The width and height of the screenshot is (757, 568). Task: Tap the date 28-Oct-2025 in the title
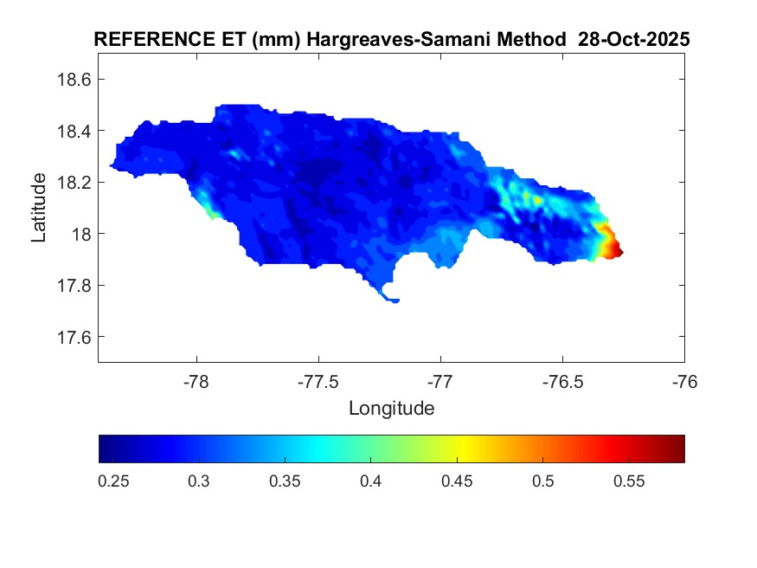(x=639, y=41)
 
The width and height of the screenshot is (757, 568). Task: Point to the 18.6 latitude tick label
(x=74, y=80)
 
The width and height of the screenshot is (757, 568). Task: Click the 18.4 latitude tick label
(x=74, y=131)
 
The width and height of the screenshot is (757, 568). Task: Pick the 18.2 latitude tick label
(x=74, y=183)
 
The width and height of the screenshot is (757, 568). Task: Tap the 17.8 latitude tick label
(x=74, y=286)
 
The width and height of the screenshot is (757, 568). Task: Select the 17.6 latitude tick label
(x=74, y=337)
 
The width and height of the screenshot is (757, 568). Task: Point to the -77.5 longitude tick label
(x=318, y=381)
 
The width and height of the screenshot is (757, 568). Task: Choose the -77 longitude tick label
(x=440, y=381)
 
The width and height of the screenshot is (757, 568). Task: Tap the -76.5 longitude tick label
(x=562, y=381)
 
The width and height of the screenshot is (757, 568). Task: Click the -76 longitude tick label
(x=684, y=381)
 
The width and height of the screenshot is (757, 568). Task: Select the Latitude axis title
(x=39, y=208)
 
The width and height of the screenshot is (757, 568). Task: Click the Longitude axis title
(x=391, y=408)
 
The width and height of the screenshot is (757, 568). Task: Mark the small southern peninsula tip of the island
(x=395, y=300)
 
